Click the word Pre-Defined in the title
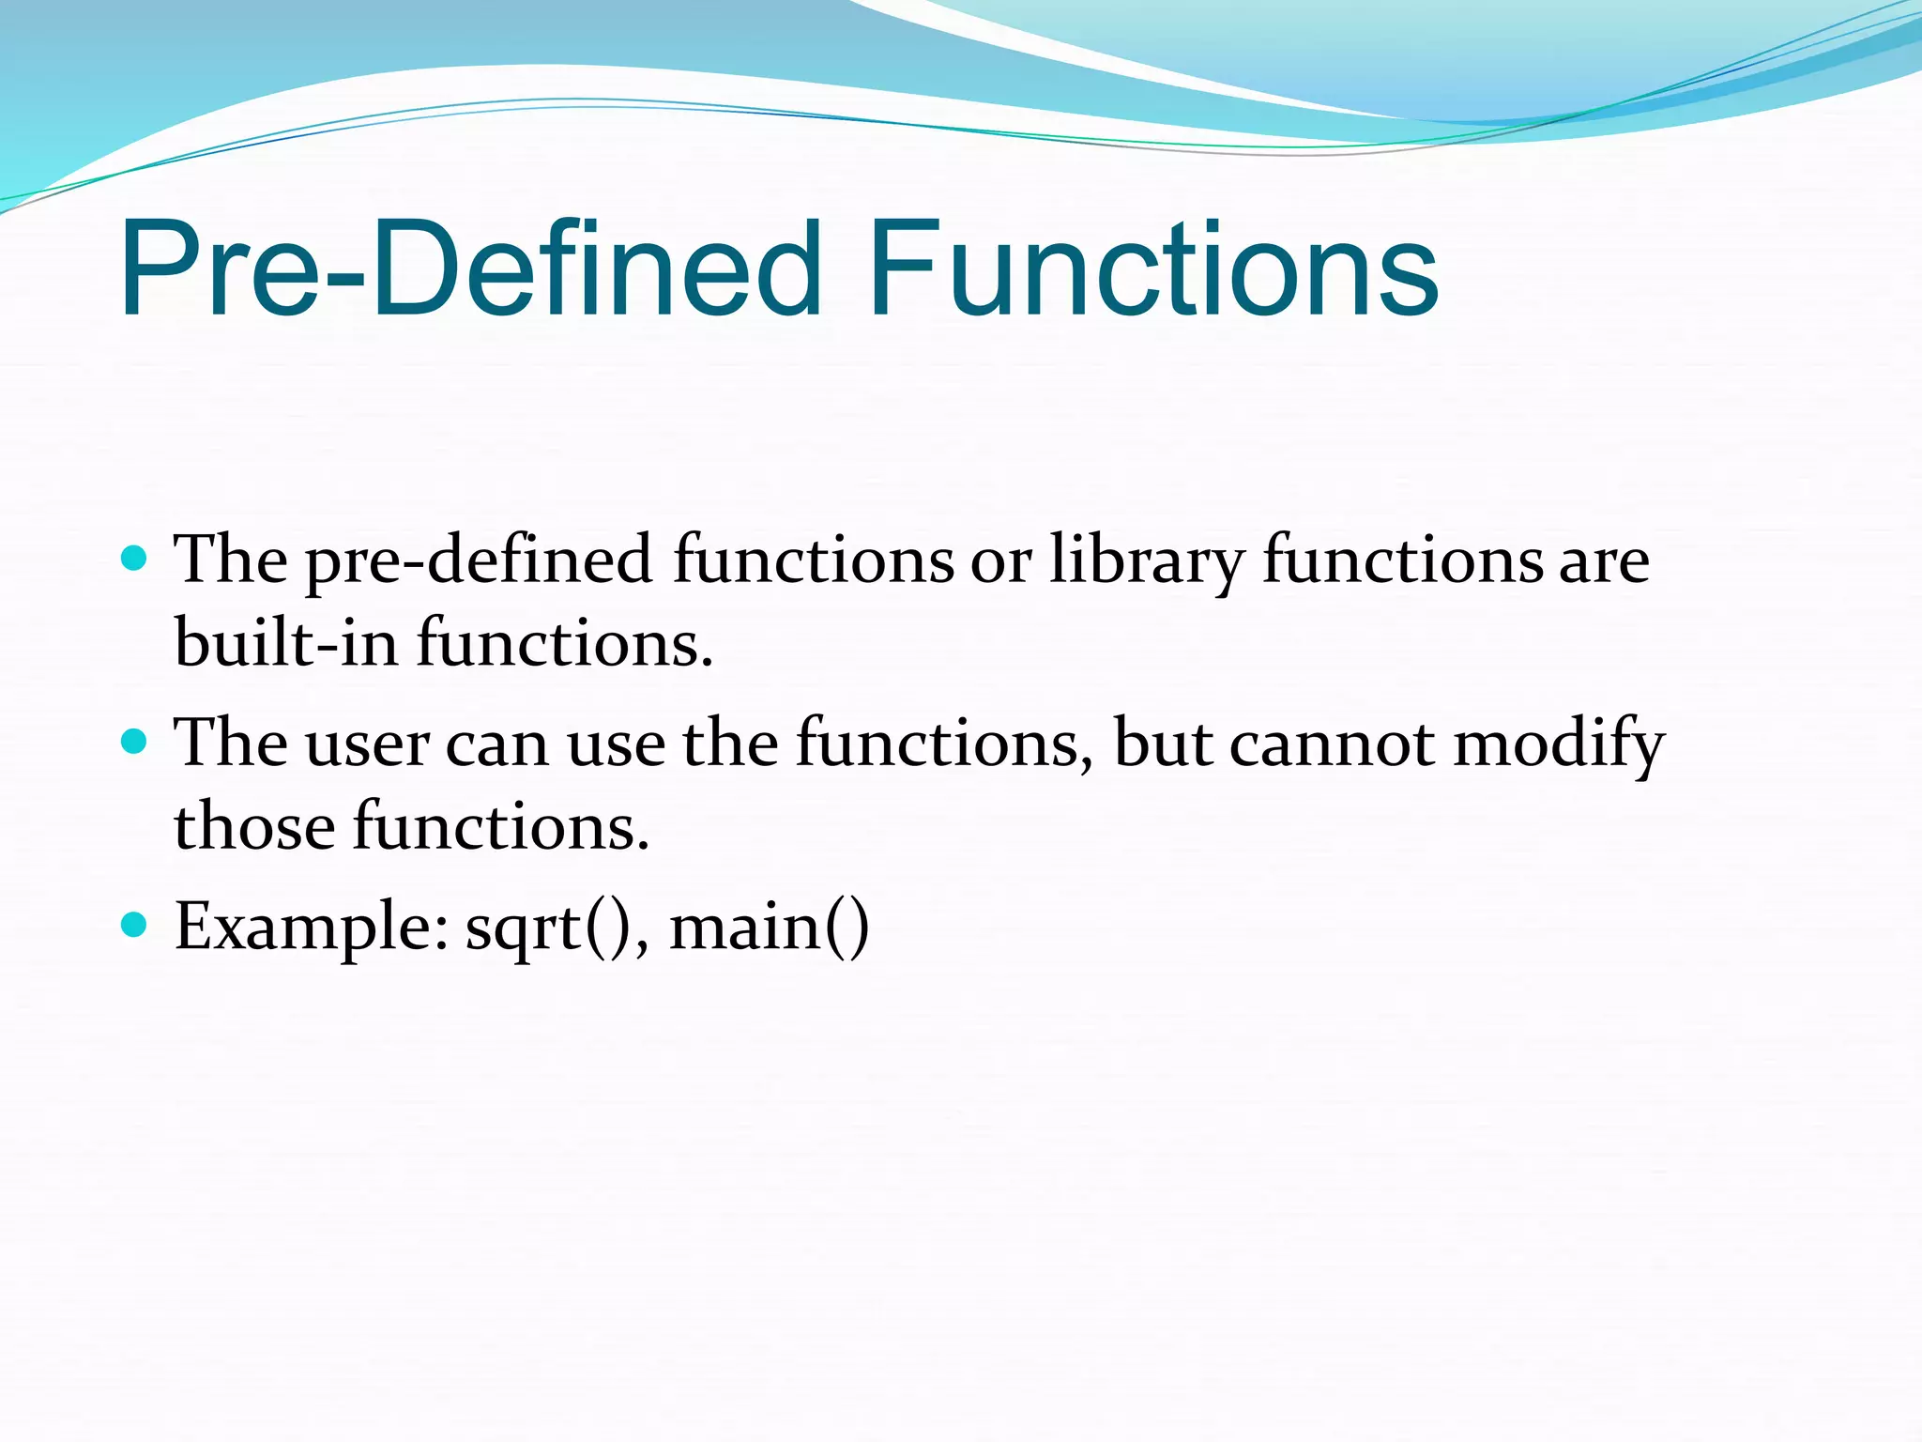pos(469,270)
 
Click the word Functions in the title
pos(1152,270)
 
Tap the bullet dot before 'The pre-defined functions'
pos(135,560)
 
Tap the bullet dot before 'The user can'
pos(135,743)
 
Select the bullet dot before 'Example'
pos(135,926)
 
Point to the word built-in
pos(286,644)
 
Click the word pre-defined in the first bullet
pos(479,561)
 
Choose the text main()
pos(770,928)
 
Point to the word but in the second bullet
pos(1163,744)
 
